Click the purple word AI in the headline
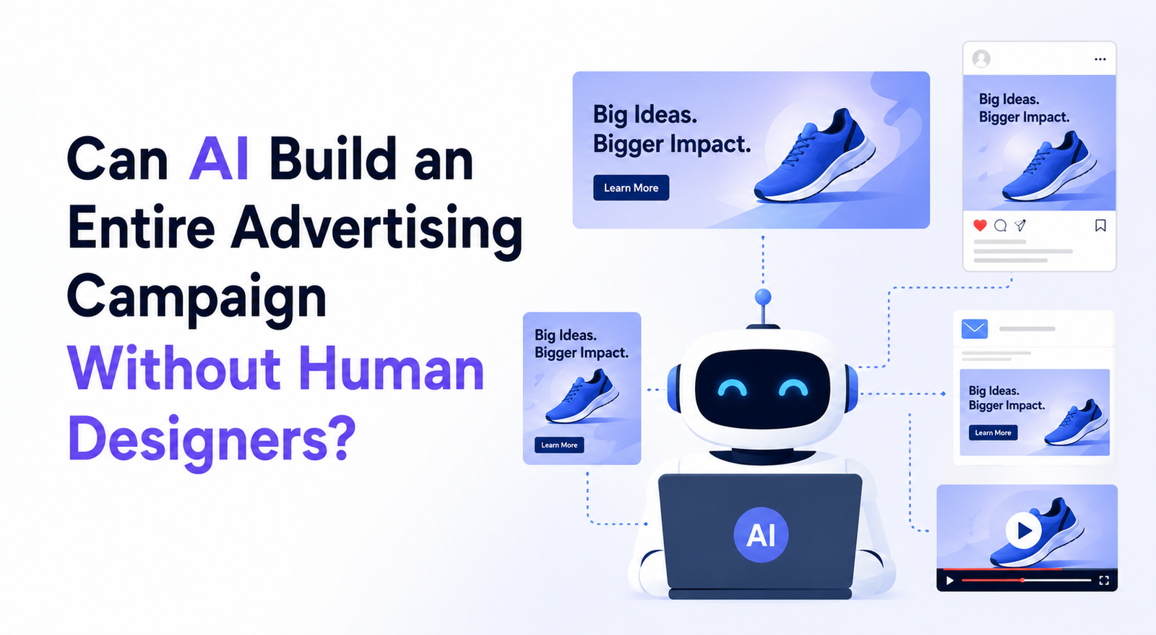[x=219, y=159]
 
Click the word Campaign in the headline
[x=196, y=299]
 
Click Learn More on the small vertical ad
[x=559, y=445]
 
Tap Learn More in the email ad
[x=993, y=432]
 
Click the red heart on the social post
[x=980, y=225]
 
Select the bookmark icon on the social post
[x=1100, y=225]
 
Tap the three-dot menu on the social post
[x=1100, y=59]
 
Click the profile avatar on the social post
[x=981, y=59]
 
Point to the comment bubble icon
[x=1000, y=225]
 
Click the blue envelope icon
[x=975, y=328]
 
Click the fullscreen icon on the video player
[x=1104, y=581]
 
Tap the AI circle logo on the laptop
[x=761, y=534]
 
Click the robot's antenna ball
[x=763, y=297]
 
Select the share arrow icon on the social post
[x=1019, y=225]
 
